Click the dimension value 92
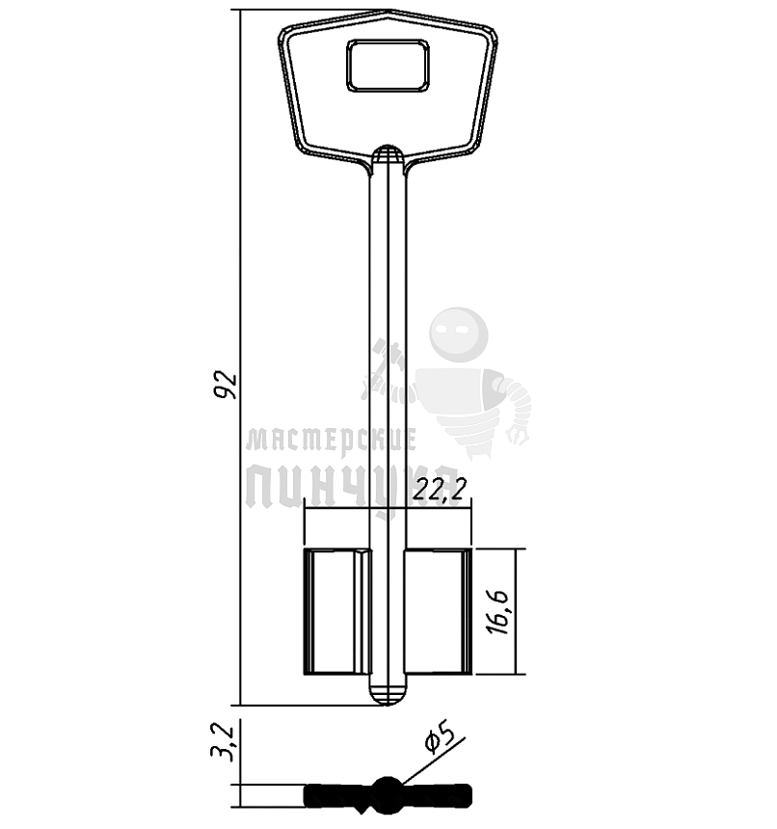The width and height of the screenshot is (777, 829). pyautogui.click(x=226, y=385)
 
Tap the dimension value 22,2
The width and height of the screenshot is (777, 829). pyautogui.click(x=441, y=489)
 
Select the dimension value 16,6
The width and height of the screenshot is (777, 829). pyautogui.click(x=497, y=612)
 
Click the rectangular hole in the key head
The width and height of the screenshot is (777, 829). pyautogui.click(x=388, y=65)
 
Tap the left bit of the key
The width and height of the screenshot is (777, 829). pyautogui.click(x=337, y=612)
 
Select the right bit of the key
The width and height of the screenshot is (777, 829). pyautogui.click(x=439, y=612)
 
